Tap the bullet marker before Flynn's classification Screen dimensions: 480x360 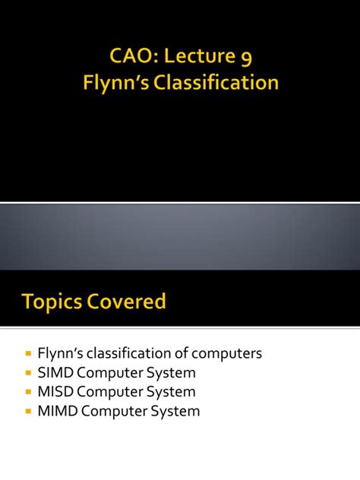tap(28, 353)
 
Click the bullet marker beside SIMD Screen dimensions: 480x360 tap(28, 373)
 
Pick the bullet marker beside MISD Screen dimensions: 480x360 tap(28, 392)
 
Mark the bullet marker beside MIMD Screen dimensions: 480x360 tap(28, 412)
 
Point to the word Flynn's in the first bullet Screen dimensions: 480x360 tap(60, 353)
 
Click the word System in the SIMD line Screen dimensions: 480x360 tap(171, 373)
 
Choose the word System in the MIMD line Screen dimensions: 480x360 tap(175, 412)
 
